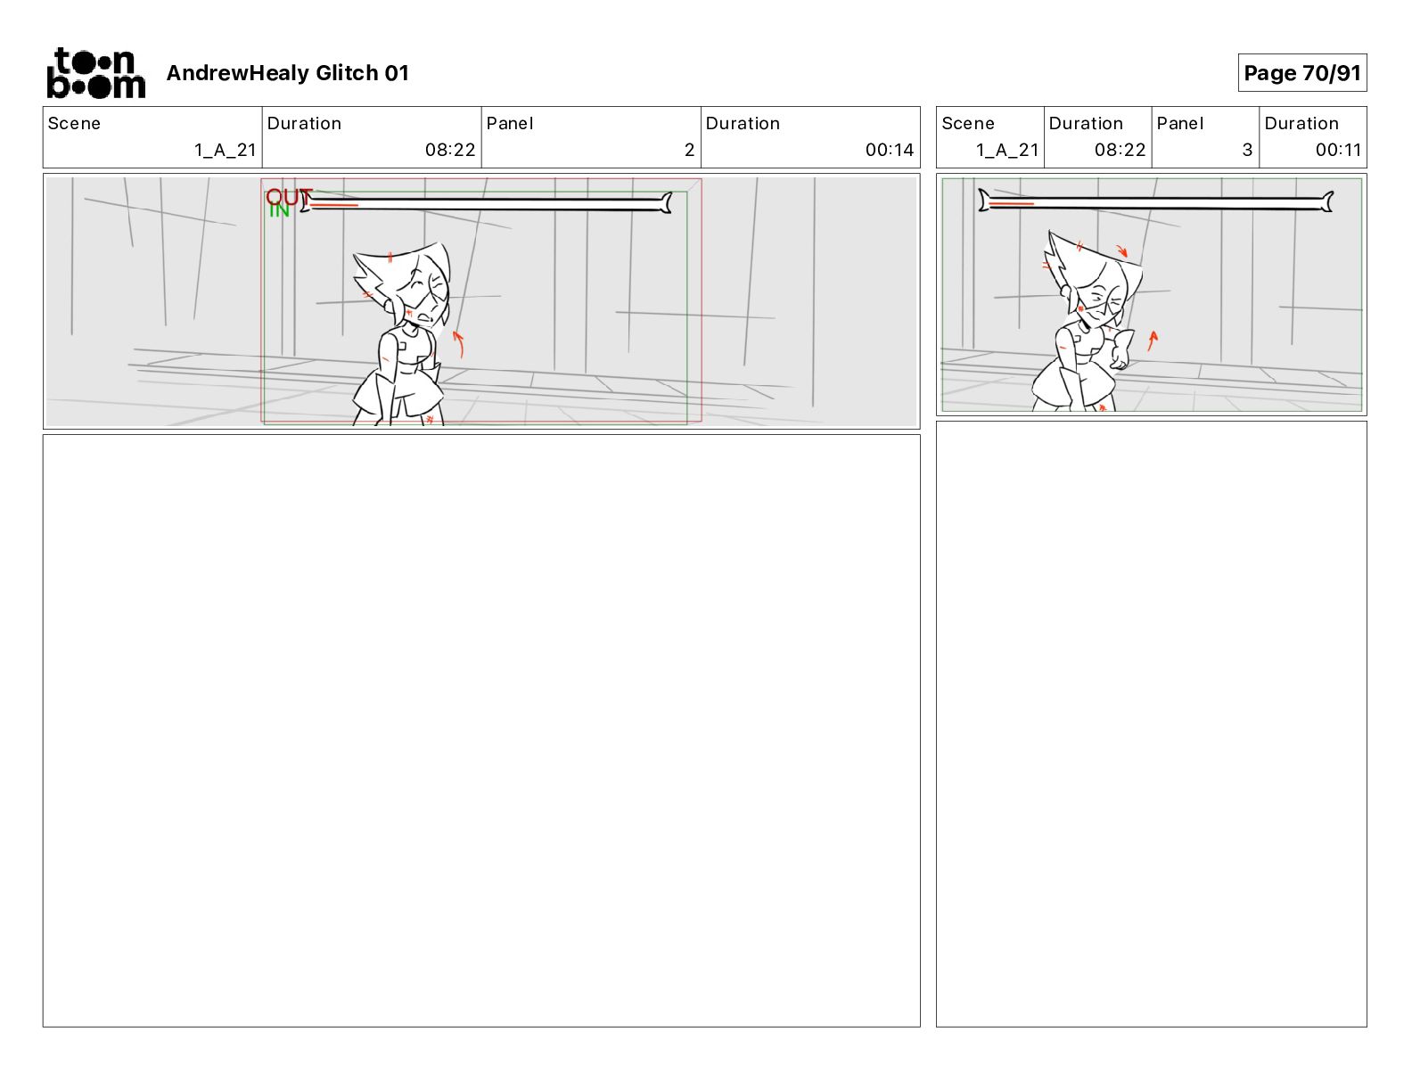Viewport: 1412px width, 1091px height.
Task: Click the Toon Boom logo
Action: coord(96,73)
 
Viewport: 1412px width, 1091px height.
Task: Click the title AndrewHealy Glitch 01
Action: coord(287,73)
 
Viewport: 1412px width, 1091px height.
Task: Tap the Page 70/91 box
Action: coord(1301,73)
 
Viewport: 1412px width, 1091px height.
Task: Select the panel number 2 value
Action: coord(689,150)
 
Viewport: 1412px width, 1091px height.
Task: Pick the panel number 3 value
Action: coord(1247,150)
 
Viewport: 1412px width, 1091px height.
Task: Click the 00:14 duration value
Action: coord(890,150)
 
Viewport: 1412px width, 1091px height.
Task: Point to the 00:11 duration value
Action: coord(1338,150)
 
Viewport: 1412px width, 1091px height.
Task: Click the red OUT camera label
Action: coord(289,196)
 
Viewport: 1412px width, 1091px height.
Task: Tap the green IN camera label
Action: coord(279,209)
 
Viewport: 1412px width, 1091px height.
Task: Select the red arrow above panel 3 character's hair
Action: coord(1122,250)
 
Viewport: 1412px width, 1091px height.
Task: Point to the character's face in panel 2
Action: coord(425,296)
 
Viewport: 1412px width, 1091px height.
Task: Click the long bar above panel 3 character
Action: coord(1156,202)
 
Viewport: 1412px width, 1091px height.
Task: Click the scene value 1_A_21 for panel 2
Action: coord(225,150)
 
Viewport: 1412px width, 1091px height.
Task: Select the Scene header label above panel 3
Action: coord(967,124)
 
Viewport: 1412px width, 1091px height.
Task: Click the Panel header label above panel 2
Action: coord(509,124)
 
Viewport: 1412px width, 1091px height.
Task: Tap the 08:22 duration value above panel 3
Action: coord(1120,150)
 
